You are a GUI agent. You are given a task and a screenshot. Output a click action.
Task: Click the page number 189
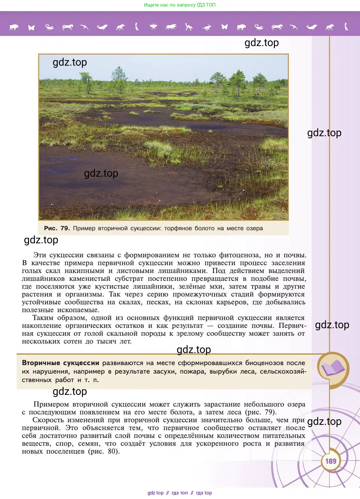331,461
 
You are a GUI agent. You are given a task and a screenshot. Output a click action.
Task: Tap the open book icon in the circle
333,368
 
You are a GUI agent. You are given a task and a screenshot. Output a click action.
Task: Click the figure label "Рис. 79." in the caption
57,228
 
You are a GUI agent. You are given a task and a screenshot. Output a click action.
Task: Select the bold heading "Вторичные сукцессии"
60,363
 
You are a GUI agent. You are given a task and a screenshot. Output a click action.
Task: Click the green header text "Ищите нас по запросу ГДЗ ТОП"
180,5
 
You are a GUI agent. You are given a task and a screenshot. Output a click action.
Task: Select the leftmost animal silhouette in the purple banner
14,27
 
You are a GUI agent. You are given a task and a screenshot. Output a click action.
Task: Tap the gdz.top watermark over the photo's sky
70,62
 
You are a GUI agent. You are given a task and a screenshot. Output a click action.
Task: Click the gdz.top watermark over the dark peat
101,173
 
